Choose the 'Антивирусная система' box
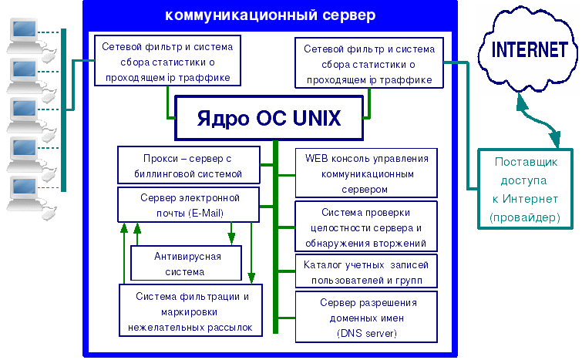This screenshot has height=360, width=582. point(187,263)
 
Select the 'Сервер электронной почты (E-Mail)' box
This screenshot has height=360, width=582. point(187,204)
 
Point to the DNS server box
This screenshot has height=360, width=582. point(366,317)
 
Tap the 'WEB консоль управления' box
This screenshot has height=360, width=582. point(366,172)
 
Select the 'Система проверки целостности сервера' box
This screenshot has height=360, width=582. point(366,226)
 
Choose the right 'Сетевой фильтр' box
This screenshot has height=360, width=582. point(369,65)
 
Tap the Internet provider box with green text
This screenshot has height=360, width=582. point(524,190)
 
